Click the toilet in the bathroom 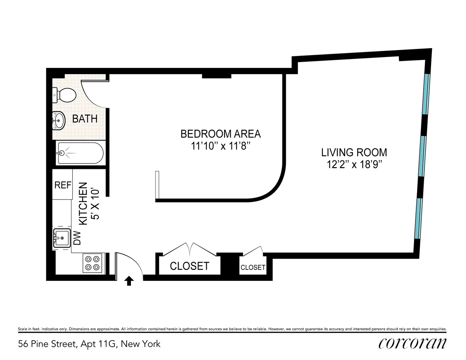click(64, 95)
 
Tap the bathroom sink click(58, 120)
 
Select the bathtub click(80, 153)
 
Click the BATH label click(85, 119)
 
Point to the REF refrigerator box click(63, 185)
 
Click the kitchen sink click(61, 238)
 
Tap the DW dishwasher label click(77, 238)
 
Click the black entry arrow click(129, 281)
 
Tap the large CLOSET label click(190, 266)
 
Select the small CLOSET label click(253, 268)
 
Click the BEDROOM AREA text click(221, 134)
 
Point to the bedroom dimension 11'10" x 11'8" click(221, 146)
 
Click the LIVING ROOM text click(354, 152)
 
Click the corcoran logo click(412, 343)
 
